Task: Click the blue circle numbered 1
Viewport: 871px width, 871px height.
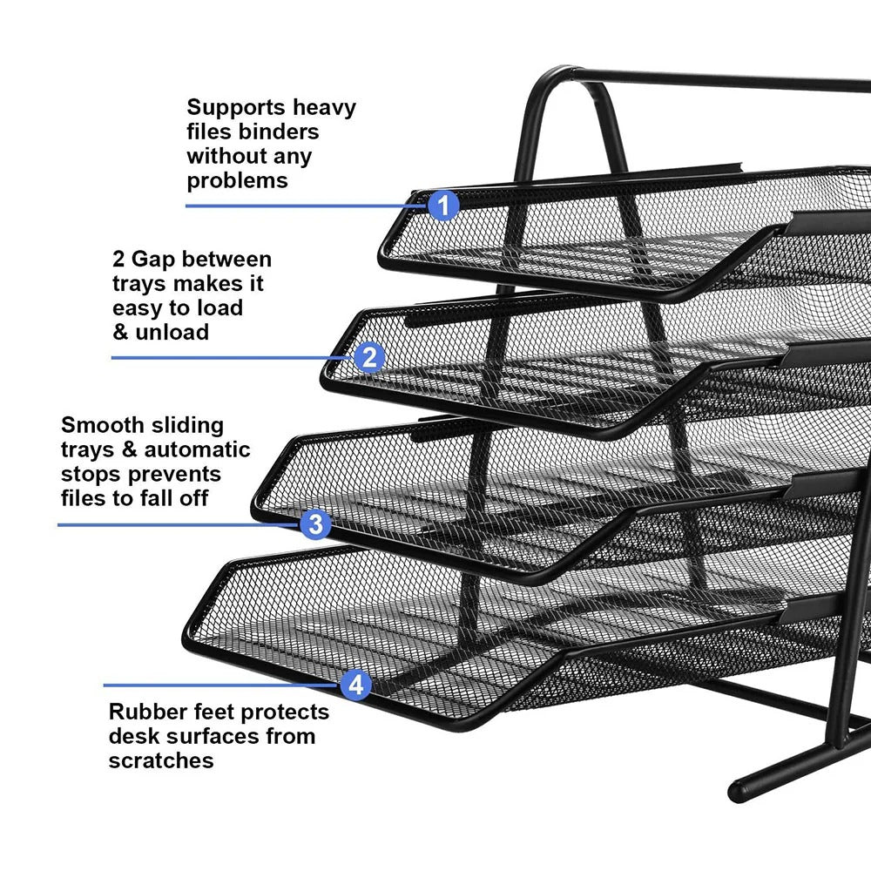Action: (443, 206)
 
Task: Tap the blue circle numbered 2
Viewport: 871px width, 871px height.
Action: (370, 357)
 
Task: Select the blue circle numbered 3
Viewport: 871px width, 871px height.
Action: (315, 524)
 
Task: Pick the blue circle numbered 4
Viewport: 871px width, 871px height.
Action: (354, 685)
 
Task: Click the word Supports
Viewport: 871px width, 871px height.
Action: (236, 109)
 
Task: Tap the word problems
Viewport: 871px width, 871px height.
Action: (237, 181)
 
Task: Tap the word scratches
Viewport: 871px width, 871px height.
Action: (161, 760)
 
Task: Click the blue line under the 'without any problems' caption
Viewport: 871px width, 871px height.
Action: (305, 206)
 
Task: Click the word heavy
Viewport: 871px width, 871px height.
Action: (324, 108)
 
